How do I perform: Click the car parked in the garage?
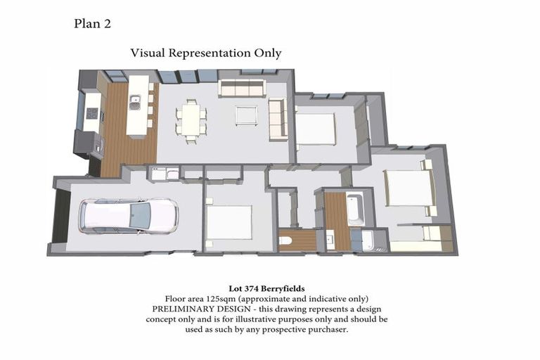(x=129, y=215)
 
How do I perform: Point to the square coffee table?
(x=246, y=115)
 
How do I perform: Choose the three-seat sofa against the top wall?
(x=241, y=88)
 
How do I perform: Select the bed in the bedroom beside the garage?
(x=229, y=222)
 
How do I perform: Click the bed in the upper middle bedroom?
(x=316, y=129)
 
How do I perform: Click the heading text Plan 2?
(x=92, y=24)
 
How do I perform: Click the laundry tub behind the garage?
(x=157, y=173)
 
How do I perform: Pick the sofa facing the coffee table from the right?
(x=277, y=118)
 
